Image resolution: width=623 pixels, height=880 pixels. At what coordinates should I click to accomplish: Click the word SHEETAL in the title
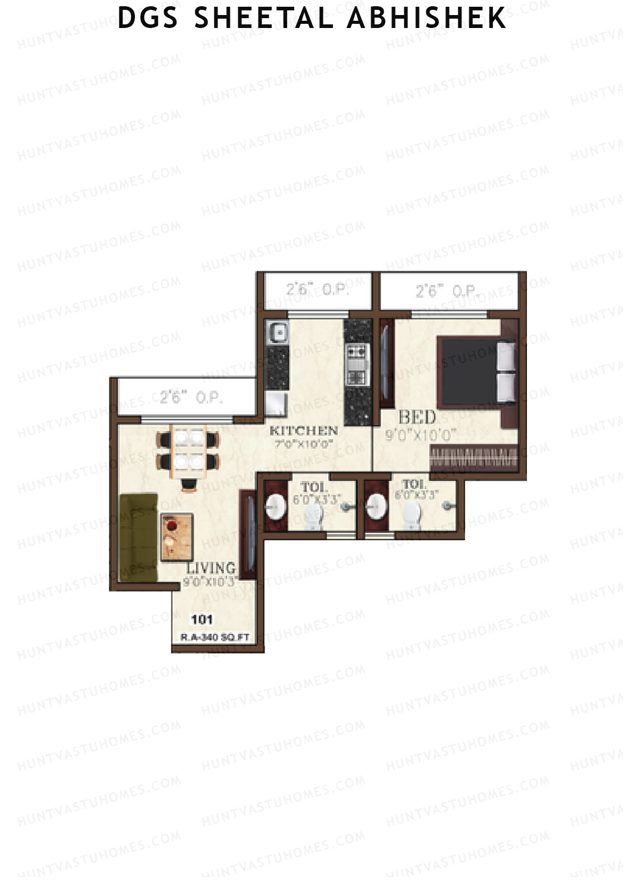pyautogui.click(x=264, y=18)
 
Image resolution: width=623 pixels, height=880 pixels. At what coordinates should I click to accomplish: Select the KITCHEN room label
pyautogui.click(x=303, y=430)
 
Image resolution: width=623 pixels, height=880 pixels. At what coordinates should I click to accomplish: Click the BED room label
pyautogui.click(x=417, y=417)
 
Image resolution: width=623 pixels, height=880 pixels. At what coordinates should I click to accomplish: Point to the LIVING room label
pyautogui.click(x=211, y=568)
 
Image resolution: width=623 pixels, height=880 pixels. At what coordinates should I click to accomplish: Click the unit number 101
pyautogui.click(x=202, y=619)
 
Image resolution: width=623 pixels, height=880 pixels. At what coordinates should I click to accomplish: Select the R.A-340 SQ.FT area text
pyautogui.click(x=215, y=637)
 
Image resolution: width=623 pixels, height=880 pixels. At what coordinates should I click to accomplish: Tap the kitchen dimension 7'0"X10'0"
pyautogui.click(x=303, y=443)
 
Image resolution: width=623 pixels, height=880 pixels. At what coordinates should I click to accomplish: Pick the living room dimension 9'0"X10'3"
pyautogui.click(x=210, y=582)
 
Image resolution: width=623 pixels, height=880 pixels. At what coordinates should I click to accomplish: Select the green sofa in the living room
pyautogui.click(x=138, y=537)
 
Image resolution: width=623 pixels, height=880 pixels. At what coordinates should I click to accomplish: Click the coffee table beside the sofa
pyautogui.click(x=177, y=537)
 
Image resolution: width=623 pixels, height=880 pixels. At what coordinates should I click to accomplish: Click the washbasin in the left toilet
pyautogui.click(x=275, y=506)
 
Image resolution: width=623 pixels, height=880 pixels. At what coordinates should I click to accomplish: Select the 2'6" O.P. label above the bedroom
pyautogui.click(x=447, y=291)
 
